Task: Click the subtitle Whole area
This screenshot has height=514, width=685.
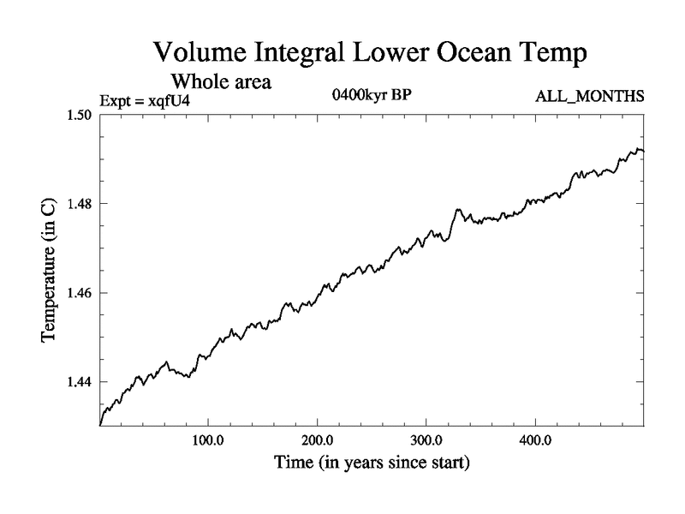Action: click(222, 82)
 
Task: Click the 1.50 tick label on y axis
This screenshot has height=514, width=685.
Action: click(79, 115)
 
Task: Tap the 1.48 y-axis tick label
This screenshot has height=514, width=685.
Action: click(79, 204)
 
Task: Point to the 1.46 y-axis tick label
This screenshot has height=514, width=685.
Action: click(79, 293)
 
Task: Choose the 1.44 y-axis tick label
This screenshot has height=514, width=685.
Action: click(79, 382)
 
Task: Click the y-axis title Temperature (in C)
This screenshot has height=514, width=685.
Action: click(50, 270)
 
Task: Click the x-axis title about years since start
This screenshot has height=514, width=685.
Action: click(372, 463)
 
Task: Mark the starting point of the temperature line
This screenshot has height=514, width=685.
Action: click(101, 424)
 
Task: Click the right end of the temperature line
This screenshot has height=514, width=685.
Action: click(643, 151)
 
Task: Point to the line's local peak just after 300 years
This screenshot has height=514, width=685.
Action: click(458, 209)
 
